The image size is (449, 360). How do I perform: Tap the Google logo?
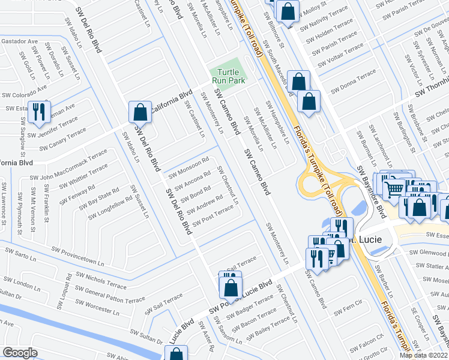tap(20, 353)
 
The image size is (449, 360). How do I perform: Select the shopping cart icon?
tap(394, 189)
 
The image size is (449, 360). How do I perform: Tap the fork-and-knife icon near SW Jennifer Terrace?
tap(39, 112)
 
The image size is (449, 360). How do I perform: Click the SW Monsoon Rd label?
tap(188, 167)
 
